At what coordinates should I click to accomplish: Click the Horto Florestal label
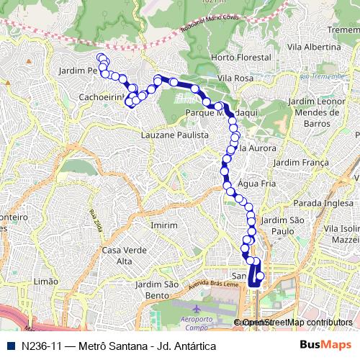(234, 57)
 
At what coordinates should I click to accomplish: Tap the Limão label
(45, 282)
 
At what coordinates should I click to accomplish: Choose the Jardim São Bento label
(156, 290)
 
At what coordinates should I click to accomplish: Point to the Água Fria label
(261, 183)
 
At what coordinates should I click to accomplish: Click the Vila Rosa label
(234, 78)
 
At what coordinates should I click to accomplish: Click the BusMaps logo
(325, 346)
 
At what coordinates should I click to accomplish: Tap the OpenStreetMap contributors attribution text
(297, 323)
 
